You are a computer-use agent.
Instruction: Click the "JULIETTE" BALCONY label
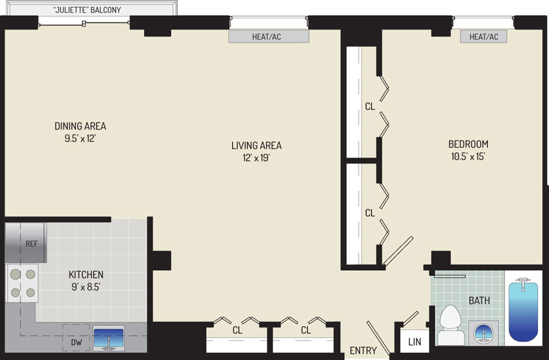coord(87,10)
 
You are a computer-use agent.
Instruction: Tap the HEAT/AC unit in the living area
coord(268,37)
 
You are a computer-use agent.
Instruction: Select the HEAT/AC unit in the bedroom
coord(484,37)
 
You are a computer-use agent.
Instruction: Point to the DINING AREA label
coord(80,126)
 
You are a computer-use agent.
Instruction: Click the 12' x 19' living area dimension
coord(257,158)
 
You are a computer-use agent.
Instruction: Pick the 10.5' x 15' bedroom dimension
coord(468,156)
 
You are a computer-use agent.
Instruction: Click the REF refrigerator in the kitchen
coord(26,243)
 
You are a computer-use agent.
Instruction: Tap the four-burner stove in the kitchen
coord(22,283)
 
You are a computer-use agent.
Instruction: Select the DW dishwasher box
coord(76,338)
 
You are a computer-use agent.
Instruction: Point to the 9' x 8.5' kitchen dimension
coord(86,287)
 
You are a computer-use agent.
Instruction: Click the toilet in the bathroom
coord(450,325)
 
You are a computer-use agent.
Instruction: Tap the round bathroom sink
coord(484,333)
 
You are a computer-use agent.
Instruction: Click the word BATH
coord(480,300)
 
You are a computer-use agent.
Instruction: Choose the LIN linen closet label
coord(415,342)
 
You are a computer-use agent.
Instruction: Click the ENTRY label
coord(363,350)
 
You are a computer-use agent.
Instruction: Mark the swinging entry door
coord(378,338)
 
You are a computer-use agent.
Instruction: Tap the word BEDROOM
coord(468,144)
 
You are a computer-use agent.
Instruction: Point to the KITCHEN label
coord(86,274)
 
